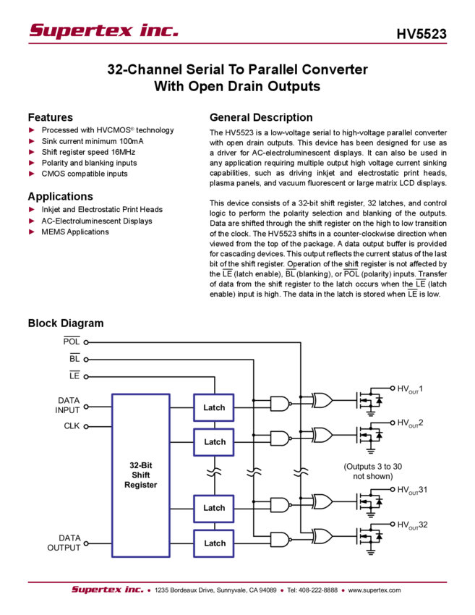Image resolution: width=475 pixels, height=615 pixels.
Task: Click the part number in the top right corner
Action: pos(427,33)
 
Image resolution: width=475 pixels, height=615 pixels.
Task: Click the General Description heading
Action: pos(260,117)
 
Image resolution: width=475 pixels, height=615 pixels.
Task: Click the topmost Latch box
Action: pos(214,408)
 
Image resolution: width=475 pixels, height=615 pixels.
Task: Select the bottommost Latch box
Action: pos(214,543)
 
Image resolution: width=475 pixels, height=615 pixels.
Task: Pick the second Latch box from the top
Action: pos(214,442)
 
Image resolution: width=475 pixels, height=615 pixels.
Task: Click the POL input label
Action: pos(72,341)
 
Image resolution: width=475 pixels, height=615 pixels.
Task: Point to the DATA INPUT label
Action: pos(69,405)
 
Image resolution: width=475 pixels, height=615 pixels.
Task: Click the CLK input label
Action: pos(72,426)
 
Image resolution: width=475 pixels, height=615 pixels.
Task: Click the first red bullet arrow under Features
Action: pos(32,130)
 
